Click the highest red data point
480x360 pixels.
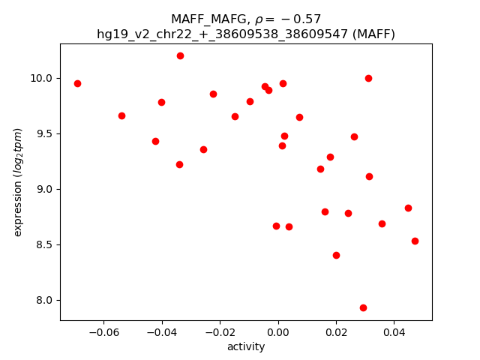[x=180, y=55]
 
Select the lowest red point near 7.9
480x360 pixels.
[x=363, y=307]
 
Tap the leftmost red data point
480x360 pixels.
[x=77, y=83]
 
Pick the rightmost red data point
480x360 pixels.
[x=415, y=241]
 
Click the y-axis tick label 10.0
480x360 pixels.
[x=41, y=78]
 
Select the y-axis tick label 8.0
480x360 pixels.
[x=43, y=300]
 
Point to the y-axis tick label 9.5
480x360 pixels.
[x=43, y=133]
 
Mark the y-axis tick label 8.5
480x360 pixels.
[x=43, y=244]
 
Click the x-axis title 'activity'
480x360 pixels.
[x=246, y=346]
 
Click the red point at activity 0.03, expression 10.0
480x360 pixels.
[x=368, y=78]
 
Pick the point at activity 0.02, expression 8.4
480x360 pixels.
[x=336, y=255]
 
